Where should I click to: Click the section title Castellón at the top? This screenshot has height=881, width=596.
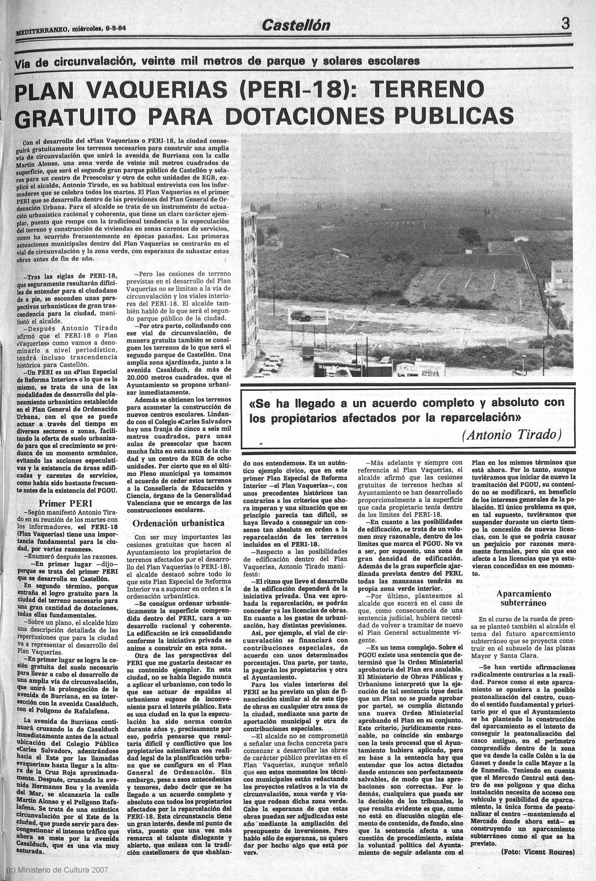click(x=296, y=25)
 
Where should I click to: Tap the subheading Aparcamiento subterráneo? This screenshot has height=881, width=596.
click(x=524, y=598)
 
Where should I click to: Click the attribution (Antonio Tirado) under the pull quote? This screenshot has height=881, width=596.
click(x=511, y=434)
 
